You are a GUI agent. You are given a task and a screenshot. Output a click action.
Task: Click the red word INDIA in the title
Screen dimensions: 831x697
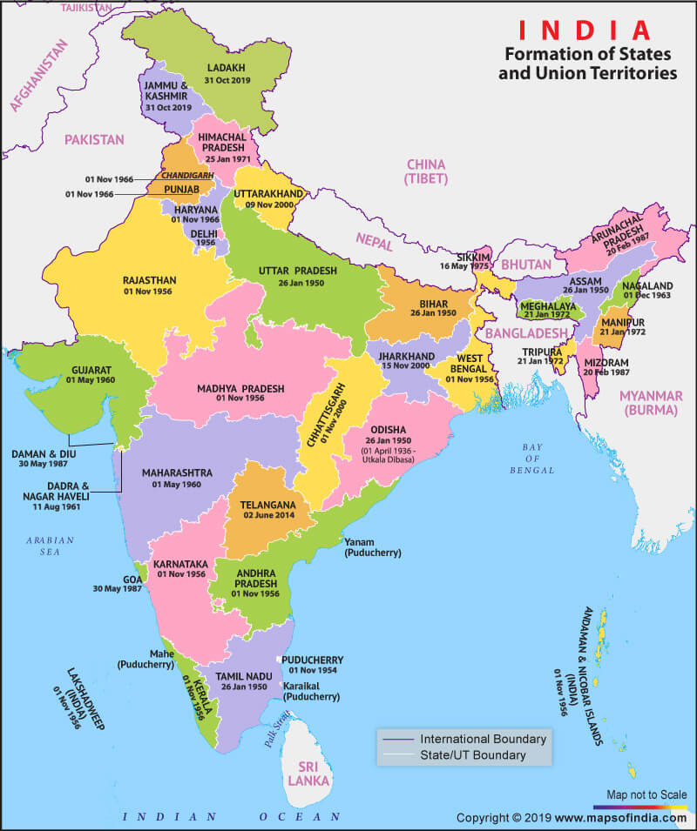585,29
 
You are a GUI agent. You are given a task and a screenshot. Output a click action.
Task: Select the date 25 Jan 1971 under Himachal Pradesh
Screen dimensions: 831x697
223,160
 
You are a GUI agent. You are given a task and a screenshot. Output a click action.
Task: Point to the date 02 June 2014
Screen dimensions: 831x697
261,516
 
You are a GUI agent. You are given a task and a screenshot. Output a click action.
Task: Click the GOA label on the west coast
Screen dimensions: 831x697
132,578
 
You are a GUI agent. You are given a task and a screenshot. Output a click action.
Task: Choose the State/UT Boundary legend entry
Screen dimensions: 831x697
473,755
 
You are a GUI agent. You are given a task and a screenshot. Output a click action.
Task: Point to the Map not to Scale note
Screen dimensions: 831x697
646,795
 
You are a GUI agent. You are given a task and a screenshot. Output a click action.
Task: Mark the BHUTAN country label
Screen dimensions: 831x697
527,264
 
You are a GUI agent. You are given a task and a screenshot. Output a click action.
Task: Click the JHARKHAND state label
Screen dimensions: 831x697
405,357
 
